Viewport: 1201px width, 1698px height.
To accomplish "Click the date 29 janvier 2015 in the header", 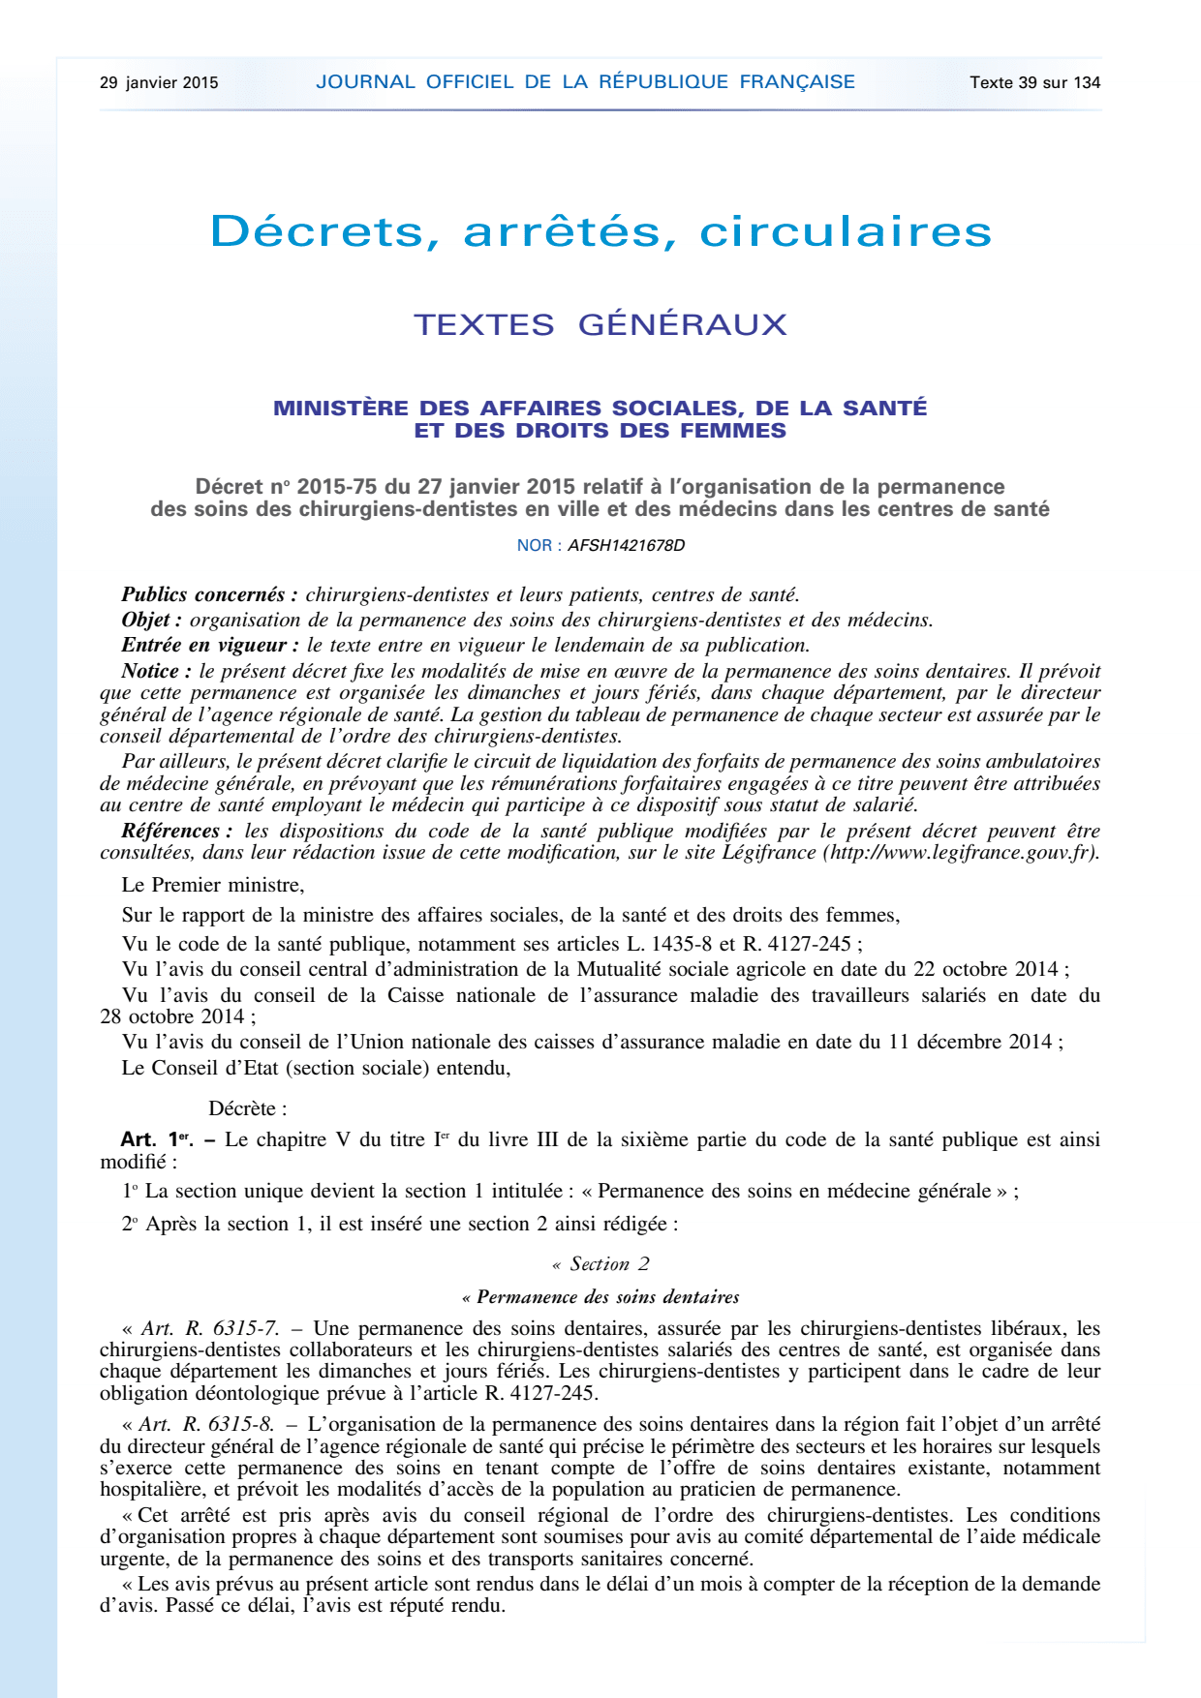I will [159, 82].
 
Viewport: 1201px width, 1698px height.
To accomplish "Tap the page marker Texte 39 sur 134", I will [1034, 82].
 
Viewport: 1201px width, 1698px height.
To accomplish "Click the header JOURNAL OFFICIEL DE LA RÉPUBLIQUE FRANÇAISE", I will [585, 82].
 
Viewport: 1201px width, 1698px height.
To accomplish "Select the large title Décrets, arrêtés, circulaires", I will [600, 231].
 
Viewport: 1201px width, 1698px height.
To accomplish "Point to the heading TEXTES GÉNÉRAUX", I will [600, 324].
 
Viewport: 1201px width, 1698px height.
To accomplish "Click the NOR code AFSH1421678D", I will [626, 545].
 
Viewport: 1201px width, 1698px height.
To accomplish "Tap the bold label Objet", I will [151, 621].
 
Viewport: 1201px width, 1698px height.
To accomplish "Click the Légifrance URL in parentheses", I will [959, 853].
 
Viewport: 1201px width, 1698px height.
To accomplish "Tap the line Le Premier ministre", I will [213, 885].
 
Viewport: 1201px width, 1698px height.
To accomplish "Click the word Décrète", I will [247, 1109].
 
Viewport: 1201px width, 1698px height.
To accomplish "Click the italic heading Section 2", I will [608, 1264].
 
